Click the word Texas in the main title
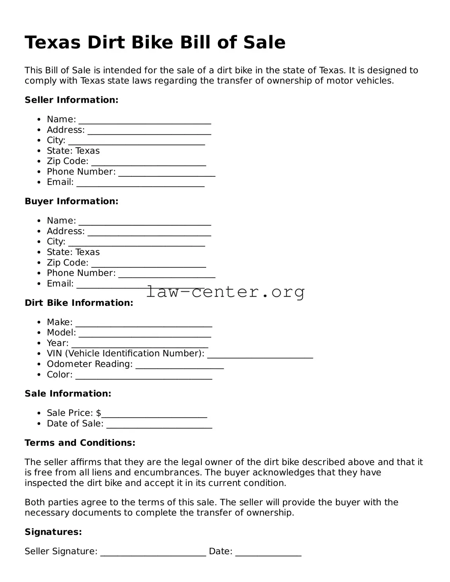coord(52,43)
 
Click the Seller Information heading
coord(71,100)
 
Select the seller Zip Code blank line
coord(148,163)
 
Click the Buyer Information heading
coord(71,201)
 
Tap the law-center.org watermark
coord(225,292)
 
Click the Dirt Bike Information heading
coord(79,303)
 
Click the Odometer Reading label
coord(90,364)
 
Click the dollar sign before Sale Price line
coord(99,413)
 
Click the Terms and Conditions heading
coord(80,443)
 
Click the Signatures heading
coord(53,532)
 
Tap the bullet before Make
coord(39,322)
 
